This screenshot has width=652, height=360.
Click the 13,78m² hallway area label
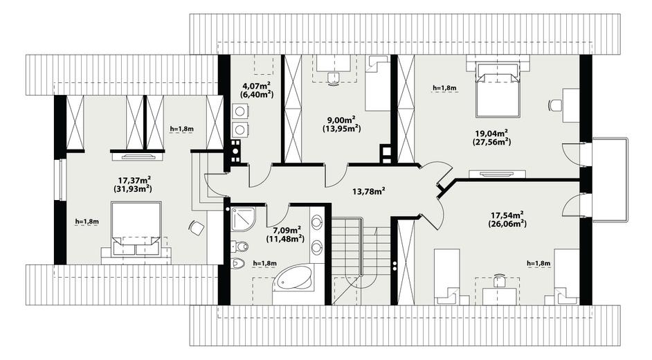(368, 191)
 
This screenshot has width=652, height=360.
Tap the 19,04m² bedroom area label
(491, 134)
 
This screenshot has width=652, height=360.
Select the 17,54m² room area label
(507, 215)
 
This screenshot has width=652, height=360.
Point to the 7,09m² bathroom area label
(287, 230)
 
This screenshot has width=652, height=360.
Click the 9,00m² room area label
(341, 120)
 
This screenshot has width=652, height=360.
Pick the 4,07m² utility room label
(257, 86)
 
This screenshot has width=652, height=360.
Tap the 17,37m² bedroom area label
(134, 180)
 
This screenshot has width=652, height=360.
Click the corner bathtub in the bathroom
(294, 278)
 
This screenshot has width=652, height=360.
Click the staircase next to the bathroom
(361, 260)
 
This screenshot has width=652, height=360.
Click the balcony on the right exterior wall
(610, 179)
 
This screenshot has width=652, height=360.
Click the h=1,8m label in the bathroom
(265, 264)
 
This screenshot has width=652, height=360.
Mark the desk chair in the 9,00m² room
(334, 78)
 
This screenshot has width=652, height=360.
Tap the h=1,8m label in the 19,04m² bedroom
(444, 88)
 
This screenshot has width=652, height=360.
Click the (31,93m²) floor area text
(132, 189)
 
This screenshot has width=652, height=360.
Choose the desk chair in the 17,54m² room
(500, 280)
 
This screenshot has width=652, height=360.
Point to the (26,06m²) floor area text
(507, 224)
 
